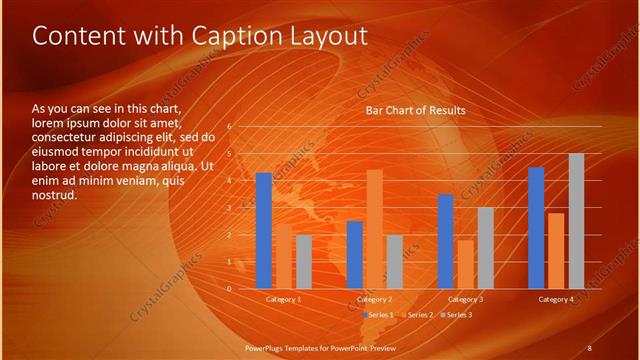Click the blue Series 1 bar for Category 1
click(264, 231)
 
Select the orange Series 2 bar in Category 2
click(375, 229)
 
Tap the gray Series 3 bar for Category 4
click(576, 221)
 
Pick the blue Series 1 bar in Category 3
click(446, 241)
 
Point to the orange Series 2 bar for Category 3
click(465, 264)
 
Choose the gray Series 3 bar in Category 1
click(304, 262)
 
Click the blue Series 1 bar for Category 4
click(536, 228)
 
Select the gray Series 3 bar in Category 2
click(394, 262)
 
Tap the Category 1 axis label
click(284, 299)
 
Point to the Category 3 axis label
click(465, 299)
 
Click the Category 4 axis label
click(556, 299)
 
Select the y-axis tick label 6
click(229, 127)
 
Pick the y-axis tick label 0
click(229, 289)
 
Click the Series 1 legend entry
click(378, 315)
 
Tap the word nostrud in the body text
click(54, 194)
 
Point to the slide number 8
click(589, 346)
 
